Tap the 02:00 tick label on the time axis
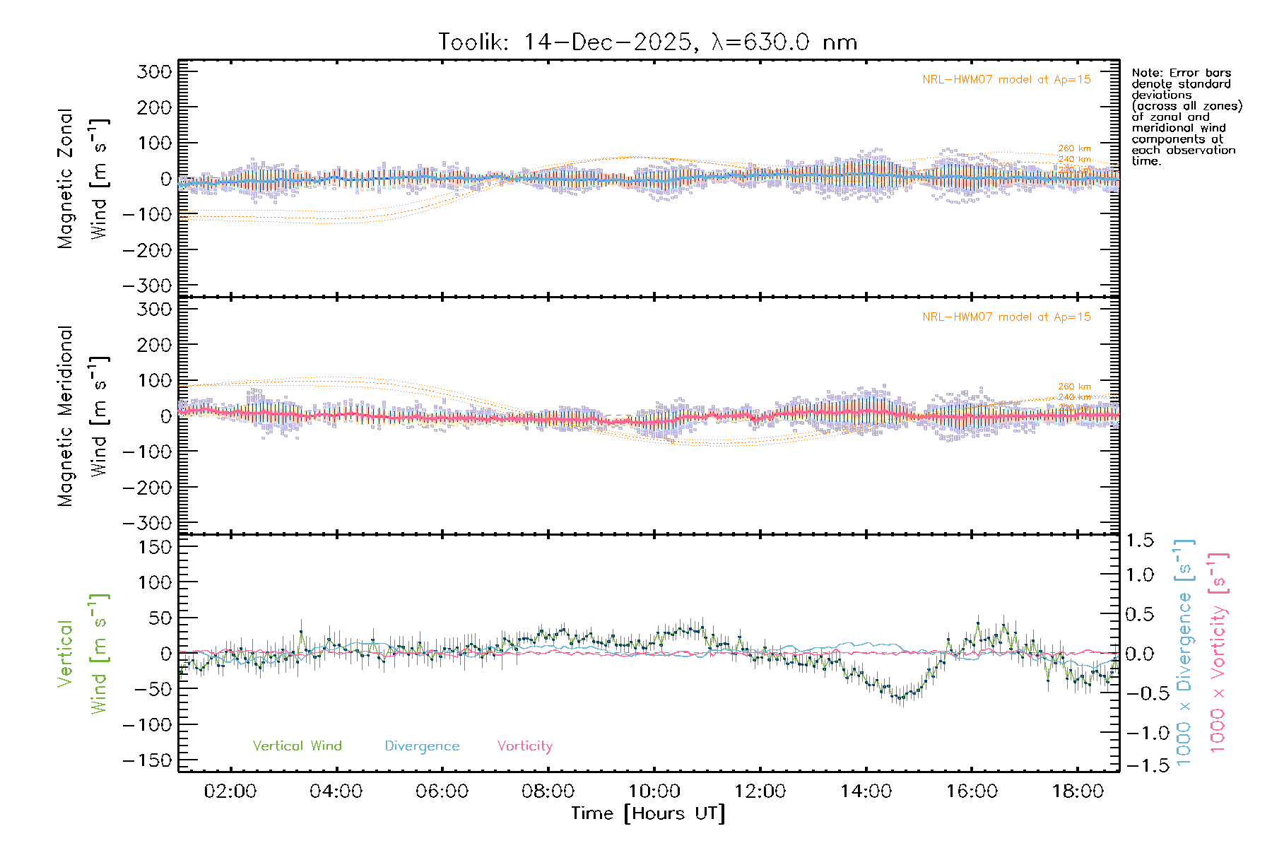point(230,791)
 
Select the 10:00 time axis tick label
point(654,791)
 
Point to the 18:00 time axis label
point(1078,791)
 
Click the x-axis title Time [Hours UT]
point(648,813)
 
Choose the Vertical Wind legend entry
point(297,746)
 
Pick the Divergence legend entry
point(422,746)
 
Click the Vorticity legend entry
point(524,746)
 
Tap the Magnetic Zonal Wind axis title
point(83,178)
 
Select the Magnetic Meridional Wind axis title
point(83,416)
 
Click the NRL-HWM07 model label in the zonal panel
point(1006,80)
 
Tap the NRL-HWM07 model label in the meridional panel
point(1006,317)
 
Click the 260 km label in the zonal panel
point(1074,148)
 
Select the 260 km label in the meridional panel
point(1074,387)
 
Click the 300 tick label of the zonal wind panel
point(155,71)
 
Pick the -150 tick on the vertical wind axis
point(147,760)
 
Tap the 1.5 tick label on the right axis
point(1140,541)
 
